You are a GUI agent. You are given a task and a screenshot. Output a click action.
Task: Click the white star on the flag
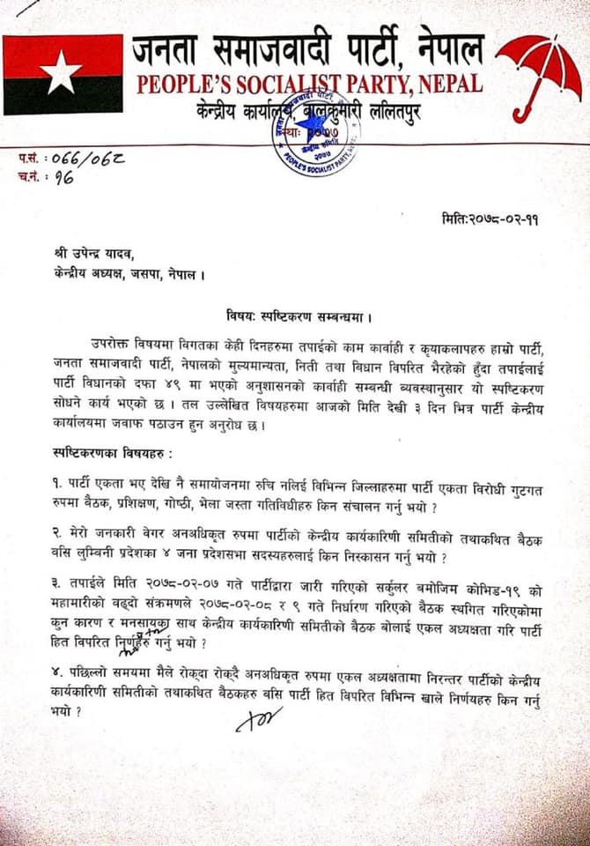61,73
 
